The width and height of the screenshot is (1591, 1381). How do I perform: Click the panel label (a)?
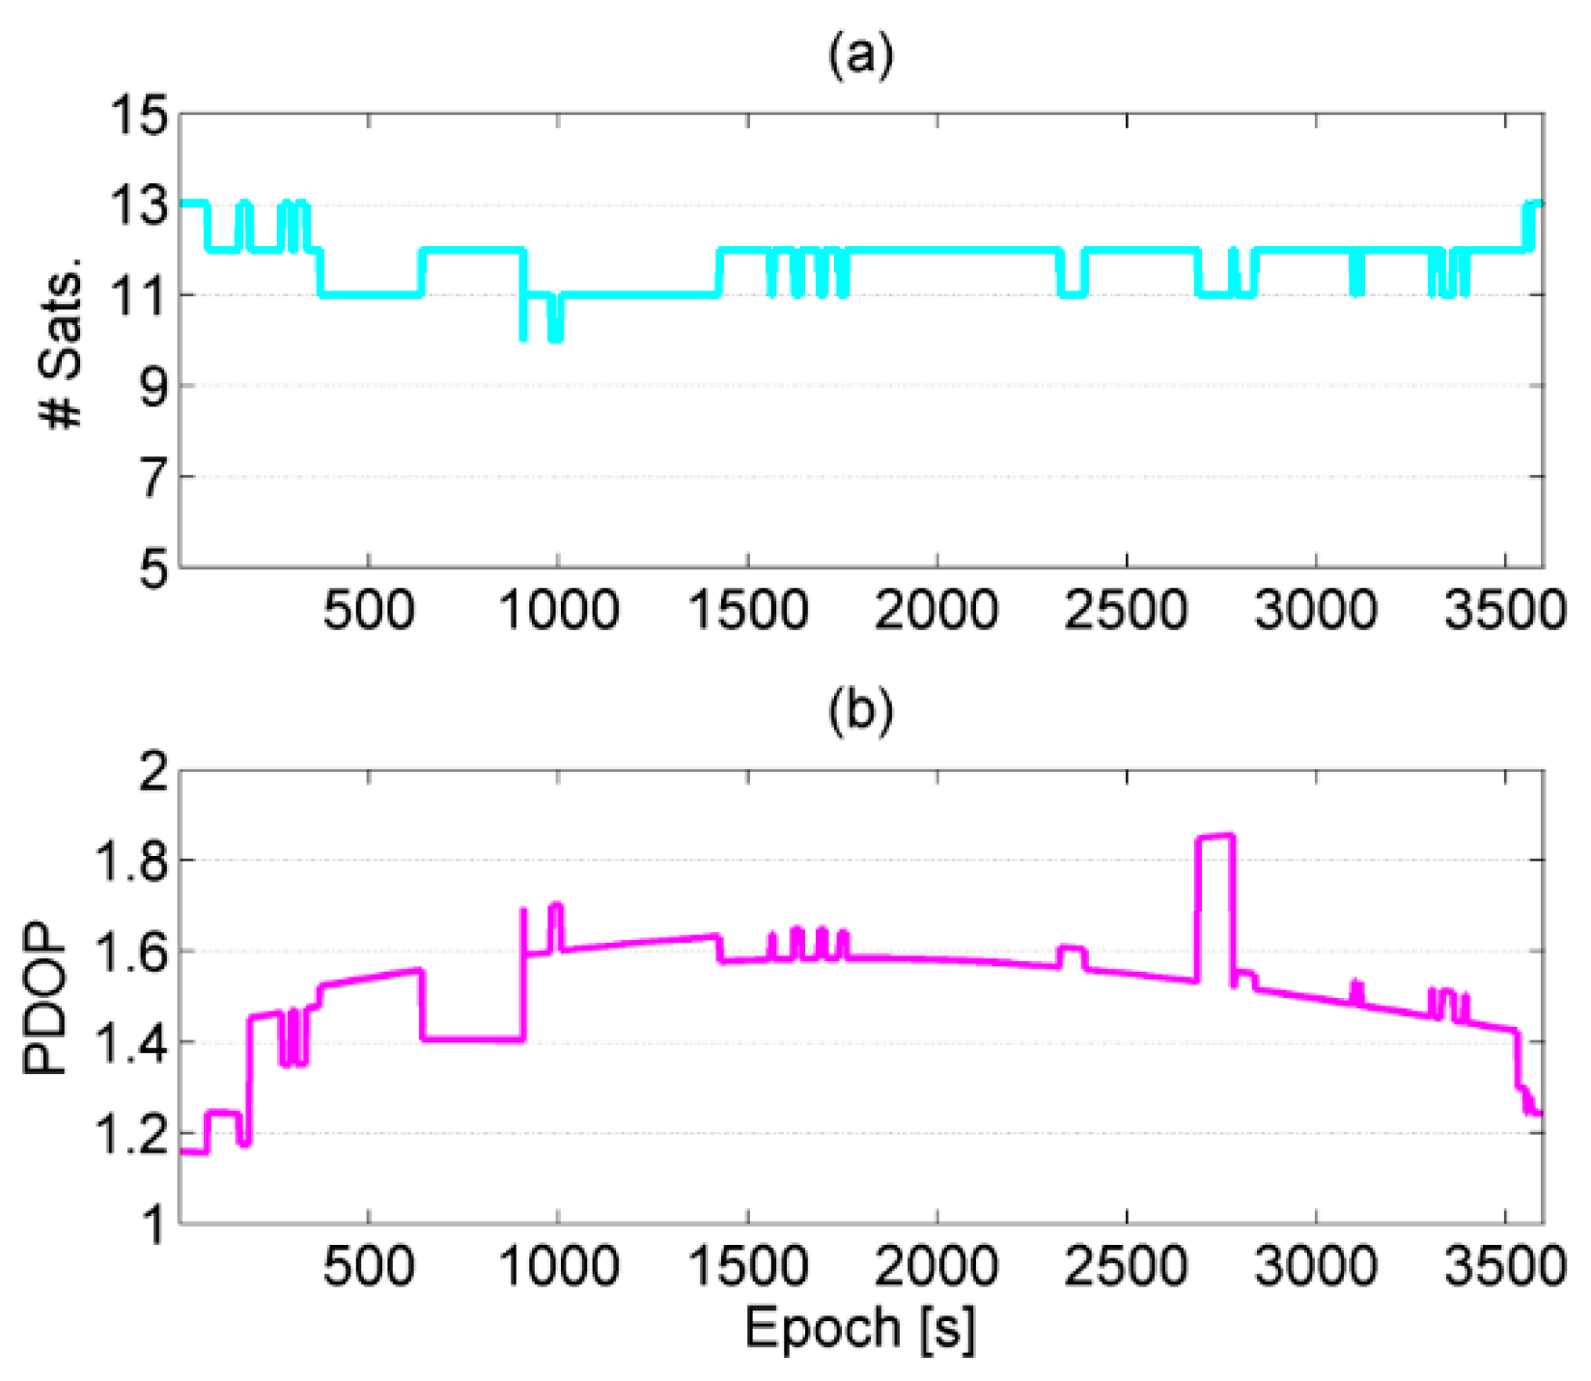(x=860, y=55)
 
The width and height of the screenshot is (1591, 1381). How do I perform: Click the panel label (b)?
(x=860, y=710)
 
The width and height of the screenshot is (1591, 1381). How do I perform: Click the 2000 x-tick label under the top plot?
(x=936, y=612)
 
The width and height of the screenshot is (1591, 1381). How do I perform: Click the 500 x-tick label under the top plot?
(x=369, y=612)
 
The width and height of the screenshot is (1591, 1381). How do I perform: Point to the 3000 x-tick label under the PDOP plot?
(x=1316, y=1266)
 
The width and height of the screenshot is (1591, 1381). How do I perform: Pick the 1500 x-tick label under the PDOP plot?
(x=747, y=1266)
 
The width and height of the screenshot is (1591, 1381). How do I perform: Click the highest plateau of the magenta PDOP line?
(x=1215, y=837)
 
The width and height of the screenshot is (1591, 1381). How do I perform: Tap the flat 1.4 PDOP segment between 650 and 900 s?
(x=472, y=1038)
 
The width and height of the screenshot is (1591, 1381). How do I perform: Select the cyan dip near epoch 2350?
(x=1072, y=293)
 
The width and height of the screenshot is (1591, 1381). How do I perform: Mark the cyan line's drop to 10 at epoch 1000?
(x=555, y=338)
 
